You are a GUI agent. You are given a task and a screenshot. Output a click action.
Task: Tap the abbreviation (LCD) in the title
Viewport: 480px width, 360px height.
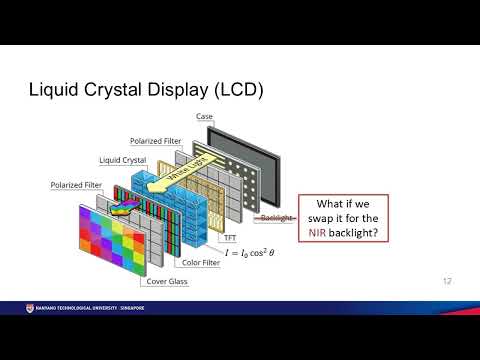(x=232, y=91)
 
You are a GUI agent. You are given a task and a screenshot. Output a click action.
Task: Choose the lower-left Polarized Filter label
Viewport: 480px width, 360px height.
(x=77, y=185)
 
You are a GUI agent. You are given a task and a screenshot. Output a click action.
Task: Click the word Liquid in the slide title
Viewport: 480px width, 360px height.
(x=54, y=91)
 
